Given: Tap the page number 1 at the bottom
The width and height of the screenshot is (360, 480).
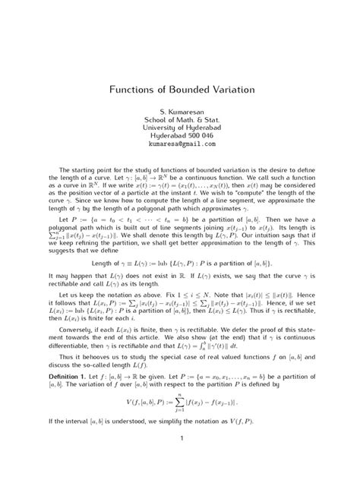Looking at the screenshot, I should point(179,458).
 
